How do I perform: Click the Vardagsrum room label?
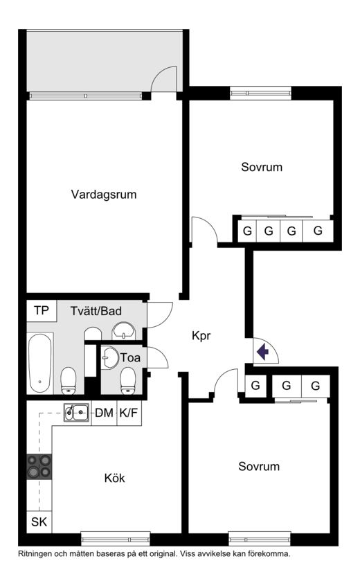tap(104, 194)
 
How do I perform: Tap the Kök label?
tap(114, 478)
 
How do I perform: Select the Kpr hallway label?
tap(201, 336)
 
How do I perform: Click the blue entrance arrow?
tap(263, 351)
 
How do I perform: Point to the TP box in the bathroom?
tap(42, 310)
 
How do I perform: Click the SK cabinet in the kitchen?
tap(39, 522)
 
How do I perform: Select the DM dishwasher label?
tap(104, 413)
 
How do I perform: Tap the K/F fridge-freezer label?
tap(129, 413)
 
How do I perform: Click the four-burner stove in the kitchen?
tap(39, 466)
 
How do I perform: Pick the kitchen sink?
tap(76, 413)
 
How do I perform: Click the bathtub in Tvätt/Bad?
tap(39, 363)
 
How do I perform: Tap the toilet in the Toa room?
tap(128, 381)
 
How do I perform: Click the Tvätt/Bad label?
tap(96, 311)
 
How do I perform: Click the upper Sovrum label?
tap(262, 167)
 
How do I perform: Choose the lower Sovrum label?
tap(259, 466)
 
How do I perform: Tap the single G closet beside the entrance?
tap(255, 386)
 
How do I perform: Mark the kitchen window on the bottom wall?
tap(116, 539)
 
